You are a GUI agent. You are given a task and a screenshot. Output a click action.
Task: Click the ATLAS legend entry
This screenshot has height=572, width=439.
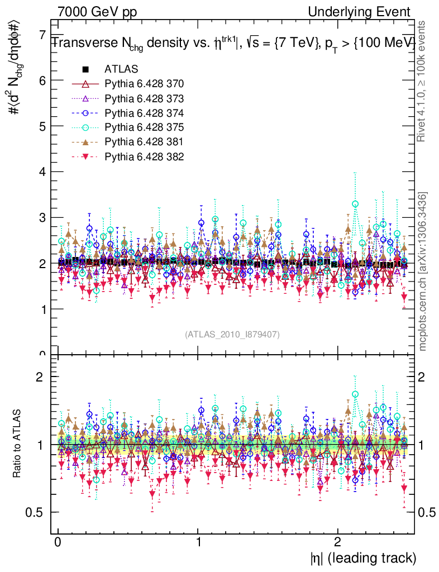pyautogui.click(x=118, y=70)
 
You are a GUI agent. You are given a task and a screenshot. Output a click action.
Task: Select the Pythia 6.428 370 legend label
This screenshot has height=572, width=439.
pyautogui.click(x=144, y=84)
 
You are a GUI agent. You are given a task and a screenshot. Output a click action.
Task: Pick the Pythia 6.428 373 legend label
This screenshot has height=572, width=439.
pyautogui.click(x=144, y=98)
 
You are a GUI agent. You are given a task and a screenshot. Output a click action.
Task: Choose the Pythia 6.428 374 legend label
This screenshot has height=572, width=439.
pyautogui.click(x=144, y=112)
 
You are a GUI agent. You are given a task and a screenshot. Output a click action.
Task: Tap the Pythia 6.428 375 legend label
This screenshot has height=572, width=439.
pyautogui.click(x=144, y=127)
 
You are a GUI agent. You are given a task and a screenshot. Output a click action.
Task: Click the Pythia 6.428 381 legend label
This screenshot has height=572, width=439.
pyautogui.click(x=144, y=141)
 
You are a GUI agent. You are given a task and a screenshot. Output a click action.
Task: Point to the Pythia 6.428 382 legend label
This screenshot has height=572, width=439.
pyautogui.click(x=144, y=155)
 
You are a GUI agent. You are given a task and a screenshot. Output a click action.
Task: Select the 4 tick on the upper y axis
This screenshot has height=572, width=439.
pyautogui.click(x=41, y=172)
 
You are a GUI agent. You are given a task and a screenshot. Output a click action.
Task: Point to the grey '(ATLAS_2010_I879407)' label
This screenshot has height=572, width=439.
pyautogui.click(x=232, y=335)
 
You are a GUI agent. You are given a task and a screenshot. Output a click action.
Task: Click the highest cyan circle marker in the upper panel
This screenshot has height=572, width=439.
pyautogui.click(x=355, y=204)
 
